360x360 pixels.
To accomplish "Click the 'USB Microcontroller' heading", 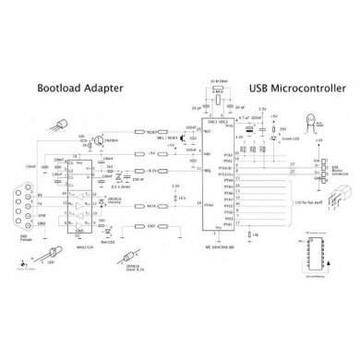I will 294,90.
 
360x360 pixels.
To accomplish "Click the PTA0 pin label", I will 209,207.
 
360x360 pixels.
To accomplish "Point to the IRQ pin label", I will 208,170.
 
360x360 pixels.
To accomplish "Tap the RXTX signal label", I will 152,206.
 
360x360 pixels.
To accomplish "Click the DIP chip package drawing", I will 311,254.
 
